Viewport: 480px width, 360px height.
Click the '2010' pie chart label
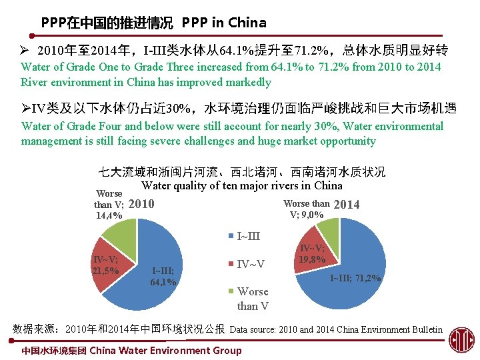[x=140, y=204]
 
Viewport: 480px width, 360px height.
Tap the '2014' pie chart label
[x=346, y=205]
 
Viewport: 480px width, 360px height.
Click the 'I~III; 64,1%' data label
[x=163, y=276]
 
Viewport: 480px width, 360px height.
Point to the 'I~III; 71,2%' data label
[x=356, y=278]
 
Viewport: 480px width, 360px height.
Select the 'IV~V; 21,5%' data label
[x=106, y=265]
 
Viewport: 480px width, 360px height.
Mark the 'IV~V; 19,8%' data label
[x=312, y=253]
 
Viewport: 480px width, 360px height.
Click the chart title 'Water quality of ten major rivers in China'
[x=242, y=185]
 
